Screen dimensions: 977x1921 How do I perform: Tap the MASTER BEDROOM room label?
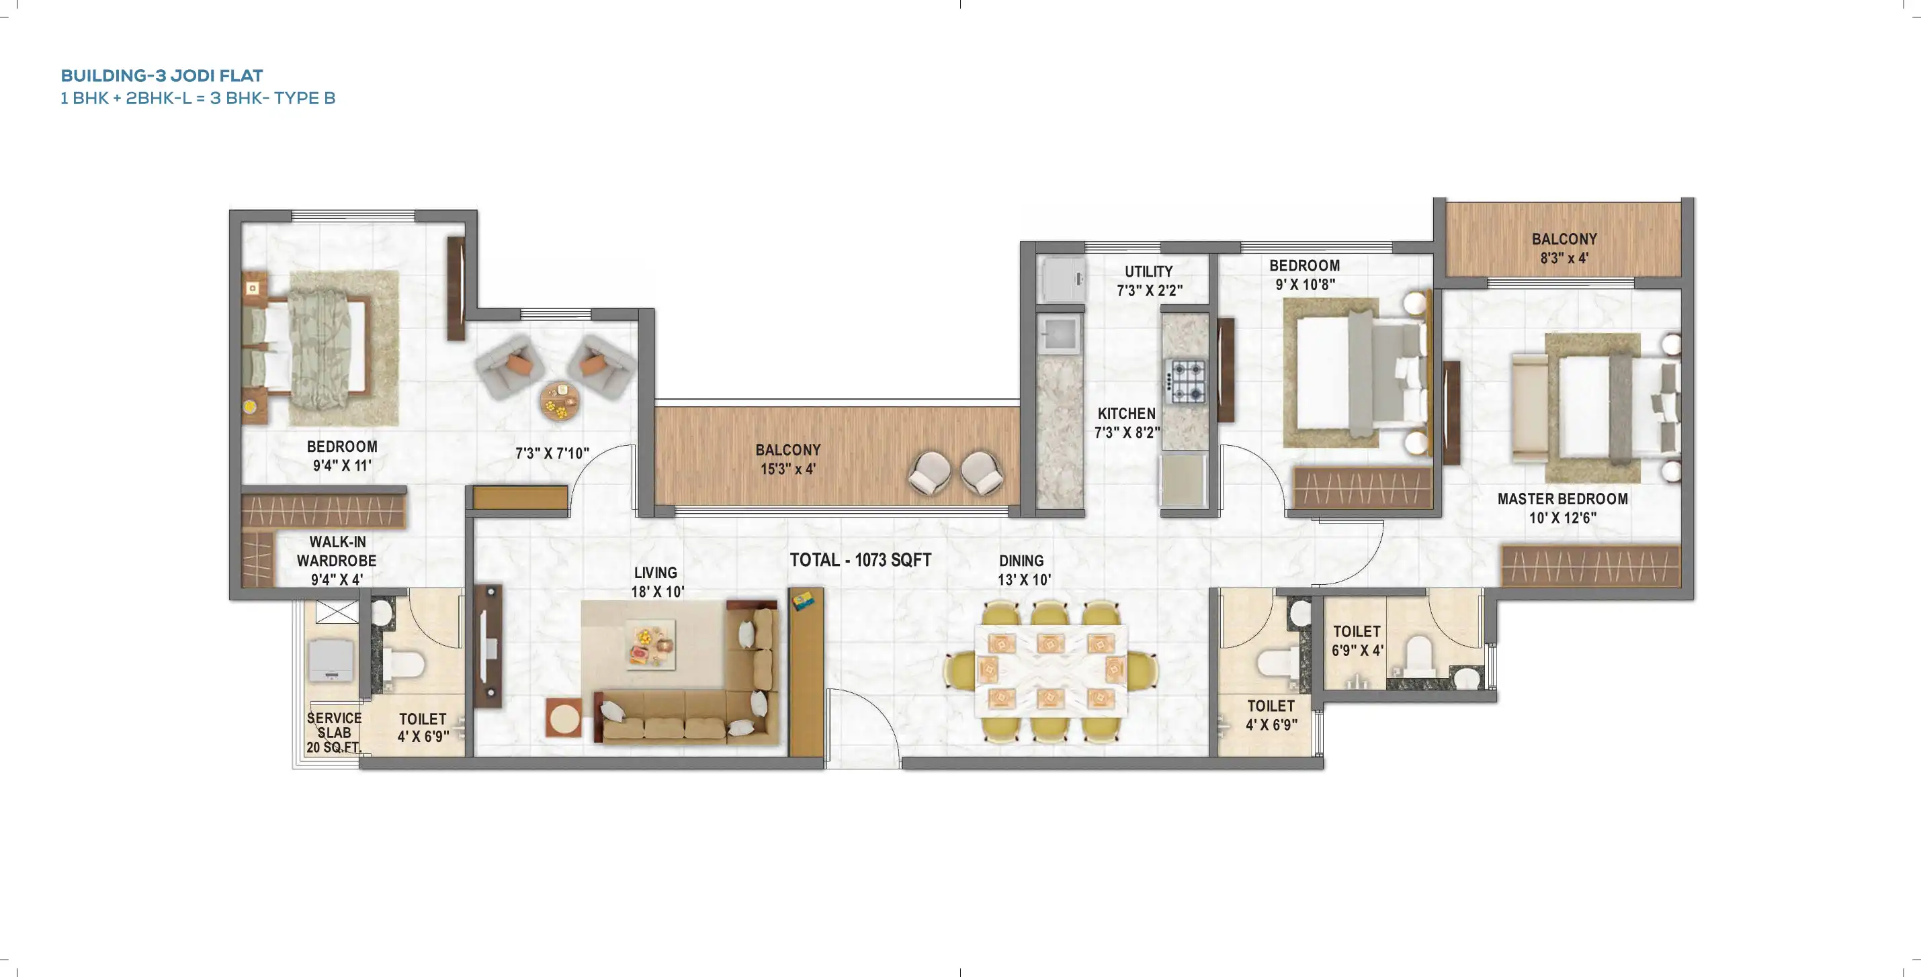(x=1562, y=498)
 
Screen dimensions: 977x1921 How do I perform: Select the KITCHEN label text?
(x=1126, y=414)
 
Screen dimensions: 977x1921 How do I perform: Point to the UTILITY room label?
(x=1148, y=271)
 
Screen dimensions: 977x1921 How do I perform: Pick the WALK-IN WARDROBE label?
(x=337, y=551)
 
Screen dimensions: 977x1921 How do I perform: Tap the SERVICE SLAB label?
(x=333, y=725)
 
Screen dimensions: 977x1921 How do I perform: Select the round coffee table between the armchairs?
(x=559, y=402)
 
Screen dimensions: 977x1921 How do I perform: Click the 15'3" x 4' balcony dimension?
(x=787, y=469)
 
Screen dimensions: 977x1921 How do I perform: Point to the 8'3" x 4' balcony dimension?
(x=1564, y=259)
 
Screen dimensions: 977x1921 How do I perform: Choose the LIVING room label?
(x=656, y=572)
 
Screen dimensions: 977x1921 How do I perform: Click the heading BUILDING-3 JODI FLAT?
(x=162, y=75)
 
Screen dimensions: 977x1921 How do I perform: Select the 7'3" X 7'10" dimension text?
(x=552, y=453)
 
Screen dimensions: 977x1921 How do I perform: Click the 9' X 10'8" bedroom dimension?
(x=1304, y=285)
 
